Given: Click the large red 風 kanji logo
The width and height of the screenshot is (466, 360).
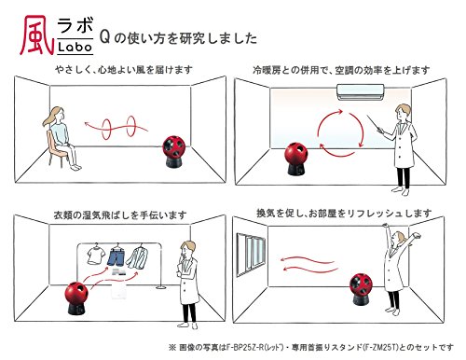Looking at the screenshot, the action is [x=36, y=35].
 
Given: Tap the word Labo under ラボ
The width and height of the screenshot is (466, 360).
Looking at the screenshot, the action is [x=75, y=47].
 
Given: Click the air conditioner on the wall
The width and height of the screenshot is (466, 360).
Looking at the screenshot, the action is [x=361, y=91].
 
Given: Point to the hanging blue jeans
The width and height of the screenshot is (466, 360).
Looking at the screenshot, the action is [x=116, y=256].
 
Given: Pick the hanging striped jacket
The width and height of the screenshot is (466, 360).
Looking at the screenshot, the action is [x=138, y=256].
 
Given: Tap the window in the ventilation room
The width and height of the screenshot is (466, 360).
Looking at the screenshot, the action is [x=251, y=255].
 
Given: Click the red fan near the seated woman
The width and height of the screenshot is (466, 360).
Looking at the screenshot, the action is [x=174, y=151].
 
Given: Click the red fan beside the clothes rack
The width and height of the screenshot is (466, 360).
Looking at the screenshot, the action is [x=76, y=297].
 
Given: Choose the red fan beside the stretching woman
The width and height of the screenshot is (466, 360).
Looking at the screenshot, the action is [x=361, y=289].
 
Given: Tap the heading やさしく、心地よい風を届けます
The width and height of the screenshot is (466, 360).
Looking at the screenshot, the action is [x=124, y=70].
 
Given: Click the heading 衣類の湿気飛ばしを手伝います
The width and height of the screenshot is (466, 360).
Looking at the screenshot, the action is [x=120, y=215].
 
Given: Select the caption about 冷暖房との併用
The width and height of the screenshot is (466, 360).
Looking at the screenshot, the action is [x=341, y=70].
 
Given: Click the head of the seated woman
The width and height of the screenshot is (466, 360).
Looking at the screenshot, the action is [x=58, y=115].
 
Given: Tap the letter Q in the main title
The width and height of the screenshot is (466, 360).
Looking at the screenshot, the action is [x=105, y=38].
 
